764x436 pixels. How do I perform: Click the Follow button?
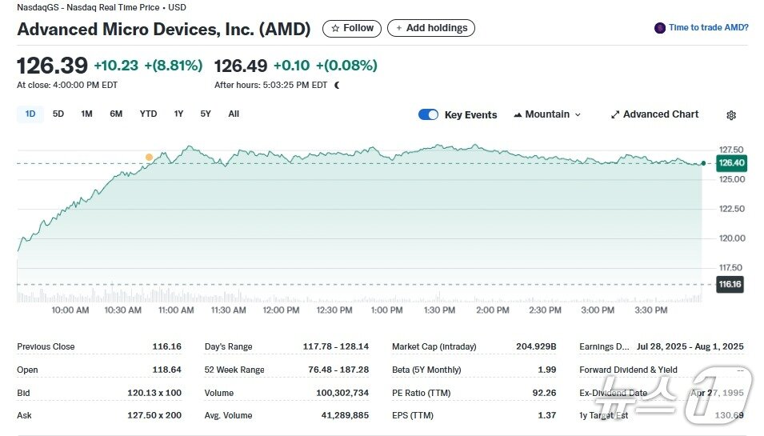click(352, 28)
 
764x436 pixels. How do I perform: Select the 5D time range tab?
click(58, 114)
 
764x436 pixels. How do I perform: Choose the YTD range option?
click(148, 114)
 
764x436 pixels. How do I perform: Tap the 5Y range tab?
click(206, 114)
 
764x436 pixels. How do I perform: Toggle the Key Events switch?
click(428, 114)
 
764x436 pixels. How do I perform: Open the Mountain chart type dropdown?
click(547, 114)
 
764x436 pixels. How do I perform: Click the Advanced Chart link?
click(654, 114)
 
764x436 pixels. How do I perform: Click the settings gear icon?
click(731, 115)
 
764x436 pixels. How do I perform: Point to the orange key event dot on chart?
click(149, 158)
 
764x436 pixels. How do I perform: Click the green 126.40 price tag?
click(731, 163)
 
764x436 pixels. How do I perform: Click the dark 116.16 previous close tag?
click(730, 284)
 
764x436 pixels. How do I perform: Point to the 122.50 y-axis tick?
click(732, 209)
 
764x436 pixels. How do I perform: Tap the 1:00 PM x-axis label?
click(387, 310)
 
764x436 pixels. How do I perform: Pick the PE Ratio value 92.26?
click(543, 393)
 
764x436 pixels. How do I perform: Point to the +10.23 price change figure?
click(116, 65)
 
